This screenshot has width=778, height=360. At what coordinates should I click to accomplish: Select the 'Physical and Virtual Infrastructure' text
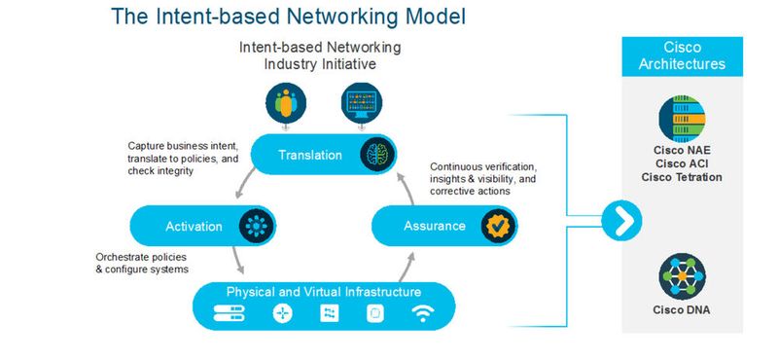pyautogui.click(x=324, y=291)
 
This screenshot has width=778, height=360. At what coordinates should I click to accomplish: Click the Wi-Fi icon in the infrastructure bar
pyautogui.click(x=422, y=313)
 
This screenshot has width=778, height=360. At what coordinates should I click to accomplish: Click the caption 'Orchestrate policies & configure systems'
pyautogui.click(x=141, y=263)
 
